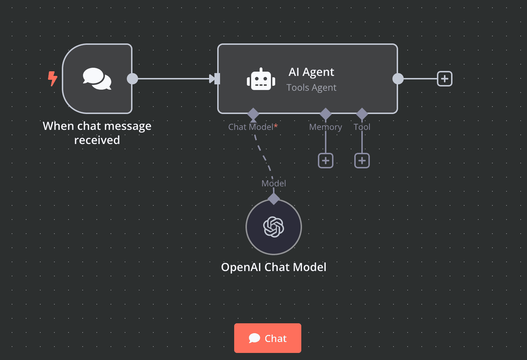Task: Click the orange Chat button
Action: (x=267, y=338)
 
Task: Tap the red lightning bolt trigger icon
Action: (x=53, y=78)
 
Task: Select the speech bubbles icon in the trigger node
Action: (x=97, y=79)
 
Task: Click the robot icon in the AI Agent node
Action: (x=261, y=79)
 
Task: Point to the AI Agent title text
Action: (x=311, y=72)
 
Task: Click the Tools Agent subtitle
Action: (x=311, y=88)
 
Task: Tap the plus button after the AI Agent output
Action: (x=444, y=79)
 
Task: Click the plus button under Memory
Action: (x=326, y=161)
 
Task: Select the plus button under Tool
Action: (x=362, y=161)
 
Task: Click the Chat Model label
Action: (x=251, y=127)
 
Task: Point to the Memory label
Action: (x=325, y=127)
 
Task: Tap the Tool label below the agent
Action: (x=362, y=127)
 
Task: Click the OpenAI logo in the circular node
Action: (x=274, y=227)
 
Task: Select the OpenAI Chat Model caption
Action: (x=274, y=267)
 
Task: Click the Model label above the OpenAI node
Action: (x=274, y=184)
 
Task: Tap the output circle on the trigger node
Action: (x=132, y=79)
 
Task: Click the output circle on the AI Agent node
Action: (x=398, y=79)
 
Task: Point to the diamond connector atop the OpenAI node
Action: (x=274, y=199)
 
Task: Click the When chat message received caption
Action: (x=97, y=133)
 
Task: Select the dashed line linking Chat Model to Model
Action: (x=263, y=155)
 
